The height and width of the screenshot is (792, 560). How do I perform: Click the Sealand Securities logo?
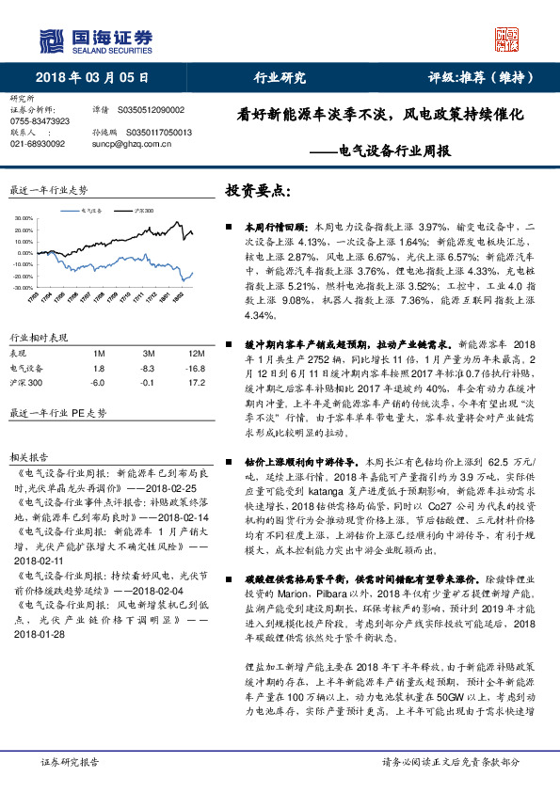pyautogui.click(x=94, y=39)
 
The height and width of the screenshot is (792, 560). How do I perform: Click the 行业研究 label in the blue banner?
pyautogui.click(x=280, y=77)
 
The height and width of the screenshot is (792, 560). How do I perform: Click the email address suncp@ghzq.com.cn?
pyautogui.click(x=134, y=144)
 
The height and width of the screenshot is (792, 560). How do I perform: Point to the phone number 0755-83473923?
pyautogui.click(x=40, y=121)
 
